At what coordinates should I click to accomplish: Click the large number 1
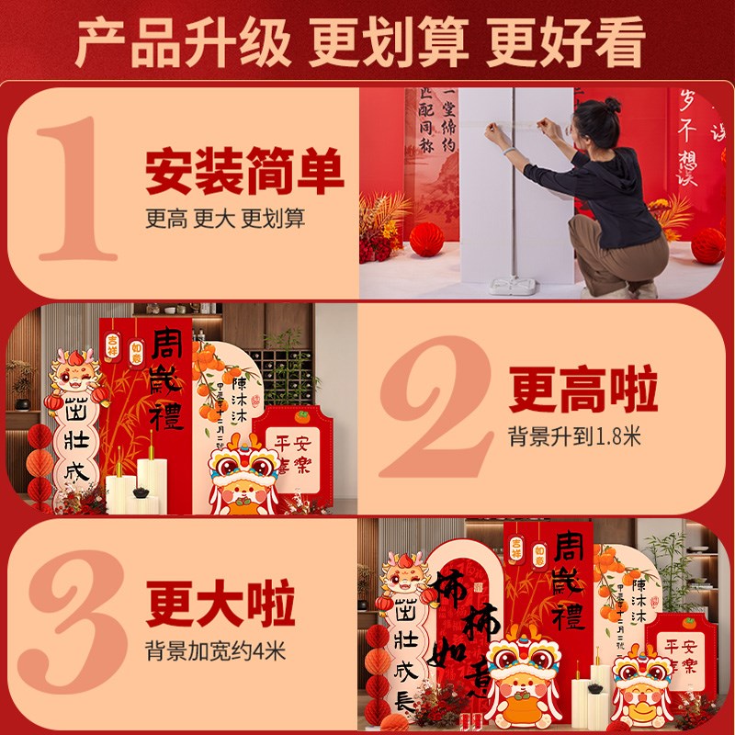78,188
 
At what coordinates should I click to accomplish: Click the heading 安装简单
244,172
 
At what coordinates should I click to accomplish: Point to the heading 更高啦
583,390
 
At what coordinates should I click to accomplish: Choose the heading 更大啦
220,607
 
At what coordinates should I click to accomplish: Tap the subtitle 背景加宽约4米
216,653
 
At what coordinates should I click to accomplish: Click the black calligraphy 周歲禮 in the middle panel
168,377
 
